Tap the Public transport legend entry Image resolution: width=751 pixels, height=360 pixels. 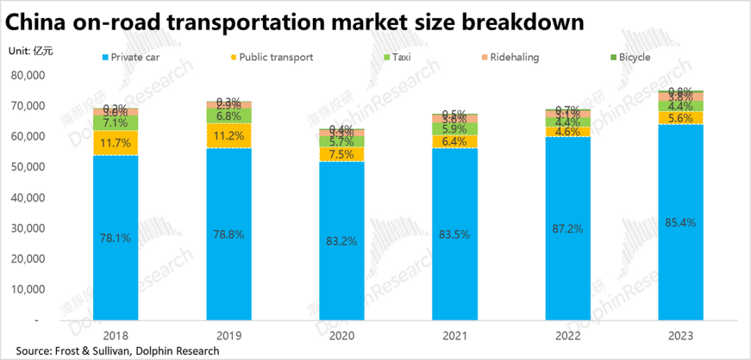(271, 57)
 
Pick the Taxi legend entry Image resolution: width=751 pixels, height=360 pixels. (396, 57)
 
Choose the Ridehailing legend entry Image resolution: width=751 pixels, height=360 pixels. (509, 57)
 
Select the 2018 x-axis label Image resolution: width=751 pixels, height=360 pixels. (115, 335)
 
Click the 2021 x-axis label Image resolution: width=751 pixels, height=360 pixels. (455, 335)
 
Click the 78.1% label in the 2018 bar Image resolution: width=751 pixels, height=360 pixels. (115, 238)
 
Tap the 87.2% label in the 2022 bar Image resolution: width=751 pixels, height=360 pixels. (568, 228)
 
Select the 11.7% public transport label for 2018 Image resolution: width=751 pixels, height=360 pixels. (115, 142)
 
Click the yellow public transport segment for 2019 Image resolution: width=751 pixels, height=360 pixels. (229, 136)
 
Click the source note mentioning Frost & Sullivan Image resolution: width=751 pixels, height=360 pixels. (118, 351)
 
